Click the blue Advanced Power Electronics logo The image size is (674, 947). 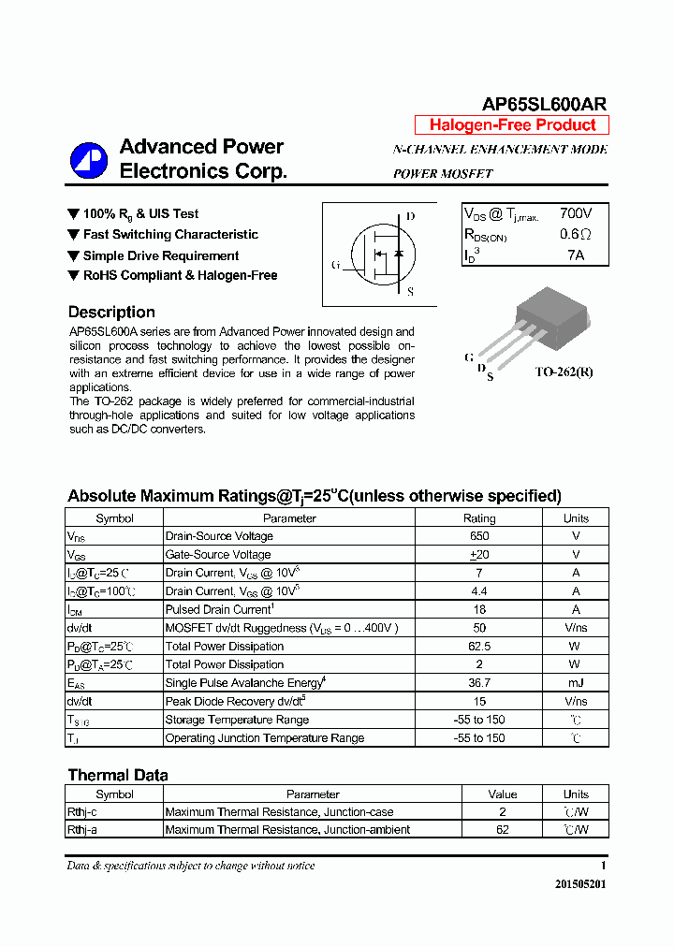(x=89, y=160)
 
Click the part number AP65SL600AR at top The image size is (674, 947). (x=544, y=105)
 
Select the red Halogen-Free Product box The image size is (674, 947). (x=512, y=125)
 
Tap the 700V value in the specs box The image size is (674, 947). (x=576, y=214)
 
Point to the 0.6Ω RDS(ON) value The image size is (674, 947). (x=576, y=235)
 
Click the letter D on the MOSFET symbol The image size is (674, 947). (x=410, y=217)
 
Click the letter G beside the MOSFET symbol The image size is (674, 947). (x=335, y=265)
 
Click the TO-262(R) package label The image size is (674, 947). (x=564, y=372)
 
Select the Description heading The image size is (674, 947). (x=111, y=313)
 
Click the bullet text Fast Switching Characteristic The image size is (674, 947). (x=170, y=235)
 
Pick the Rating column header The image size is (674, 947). (x=479, y=518)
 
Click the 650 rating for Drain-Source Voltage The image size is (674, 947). (x=479, y=536)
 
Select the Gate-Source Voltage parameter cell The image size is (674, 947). (x=218, y=555)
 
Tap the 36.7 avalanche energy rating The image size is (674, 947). (x=479, y=683)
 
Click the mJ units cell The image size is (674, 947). (x=576, y=683)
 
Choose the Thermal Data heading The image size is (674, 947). (x=118, y=775)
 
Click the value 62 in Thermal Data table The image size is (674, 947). (x=503, y=830)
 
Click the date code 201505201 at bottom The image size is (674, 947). (x=580, y=884)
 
